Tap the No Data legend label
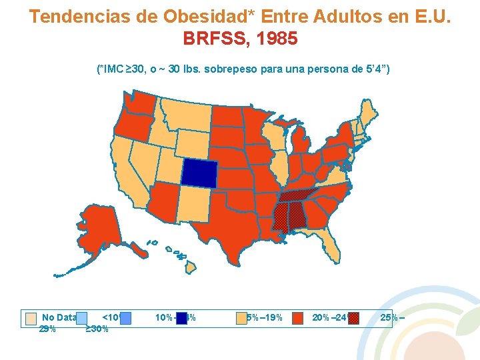coord(59,317)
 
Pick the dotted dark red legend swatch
coord(353,318)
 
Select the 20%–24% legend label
coord(329,317)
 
